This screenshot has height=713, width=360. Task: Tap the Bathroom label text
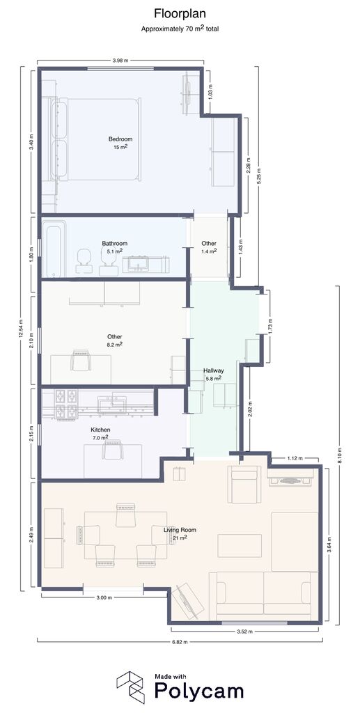pos(114,243)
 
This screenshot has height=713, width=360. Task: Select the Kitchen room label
pos(100,430)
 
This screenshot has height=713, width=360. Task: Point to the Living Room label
pos(180,530)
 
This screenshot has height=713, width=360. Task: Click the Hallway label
pos(213,370)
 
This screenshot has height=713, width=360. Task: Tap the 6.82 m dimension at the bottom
pos(180,641)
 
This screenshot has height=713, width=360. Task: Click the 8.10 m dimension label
pos(341,455)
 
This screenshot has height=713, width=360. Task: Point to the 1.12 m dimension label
pos(295,458)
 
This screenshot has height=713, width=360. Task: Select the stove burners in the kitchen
pos(65,405)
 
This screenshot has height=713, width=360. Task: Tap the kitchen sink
pos(112,404)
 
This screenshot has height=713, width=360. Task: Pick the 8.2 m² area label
pos(114,344)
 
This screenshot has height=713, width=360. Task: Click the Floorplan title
pos(180,14)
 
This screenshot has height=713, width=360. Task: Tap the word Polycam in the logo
pos(199,691)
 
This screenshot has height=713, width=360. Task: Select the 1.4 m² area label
pos(209,251)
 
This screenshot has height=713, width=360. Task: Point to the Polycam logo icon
pos(131,687)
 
